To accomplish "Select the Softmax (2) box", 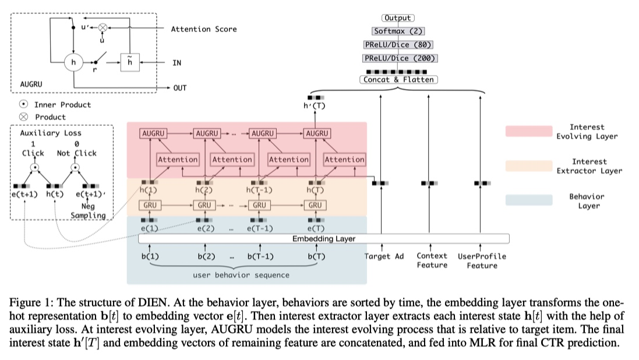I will point(398,31).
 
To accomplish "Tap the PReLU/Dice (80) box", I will point(398,45).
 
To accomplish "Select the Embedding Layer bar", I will point(324,239).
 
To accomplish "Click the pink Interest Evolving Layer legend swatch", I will point(529,132).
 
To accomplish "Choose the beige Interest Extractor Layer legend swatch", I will point(529,167).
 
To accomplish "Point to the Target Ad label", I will point(384,256).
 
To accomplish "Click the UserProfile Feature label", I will point(482,261).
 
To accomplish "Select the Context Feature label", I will point(432,260).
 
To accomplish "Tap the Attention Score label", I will point(203,29).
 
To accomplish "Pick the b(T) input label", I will point(316,256).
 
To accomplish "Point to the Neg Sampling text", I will point(89,211).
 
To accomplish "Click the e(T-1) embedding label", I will point(259,229).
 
